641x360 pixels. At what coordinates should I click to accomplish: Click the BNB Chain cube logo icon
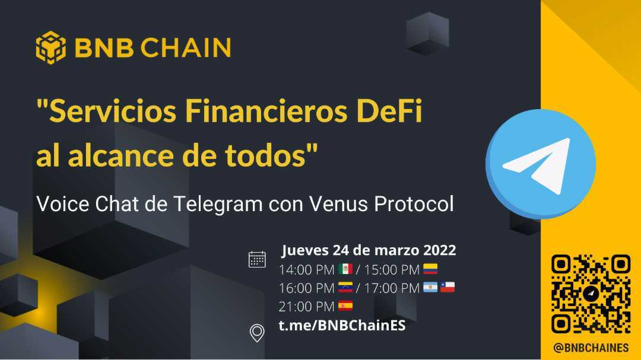pyautogui.click(x=50, y=47)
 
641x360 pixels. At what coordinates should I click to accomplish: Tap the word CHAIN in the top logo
pyautogui.click(x=186, y=48)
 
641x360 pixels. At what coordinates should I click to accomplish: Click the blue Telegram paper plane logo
pyautogui.click(x=541, y=164)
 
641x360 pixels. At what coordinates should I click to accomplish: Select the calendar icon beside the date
pyautogui.click(x=257, y=260)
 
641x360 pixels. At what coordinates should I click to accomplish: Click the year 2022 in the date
pyautogui.click(x=439, y=250)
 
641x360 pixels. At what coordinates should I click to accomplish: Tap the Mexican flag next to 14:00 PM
pyautogui.click(x=345, y=269)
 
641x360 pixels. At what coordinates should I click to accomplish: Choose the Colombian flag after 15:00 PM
pyautogui.click(x=430, y=269)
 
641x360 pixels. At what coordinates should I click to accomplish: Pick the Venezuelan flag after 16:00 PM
pyautogui.click(x=345, y=287)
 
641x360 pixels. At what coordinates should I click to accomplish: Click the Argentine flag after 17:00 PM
pyautogui.click(x=430, y=287)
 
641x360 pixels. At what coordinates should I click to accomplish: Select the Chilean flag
pyautogui.click(x=448, y=287)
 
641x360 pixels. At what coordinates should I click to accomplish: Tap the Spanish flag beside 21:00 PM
pyautogui.click(x=345, y=305)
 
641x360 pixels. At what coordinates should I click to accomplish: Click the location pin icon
pyautogui.click(x=257, y=333)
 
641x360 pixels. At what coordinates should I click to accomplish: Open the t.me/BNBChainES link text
pyautogui.click(x=342, y=326)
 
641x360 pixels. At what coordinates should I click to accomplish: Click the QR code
pyautogui.click(x=591, y=294)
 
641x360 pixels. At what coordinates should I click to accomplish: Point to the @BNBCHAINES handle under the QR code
pyautogui.click(x=591, y=348)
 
